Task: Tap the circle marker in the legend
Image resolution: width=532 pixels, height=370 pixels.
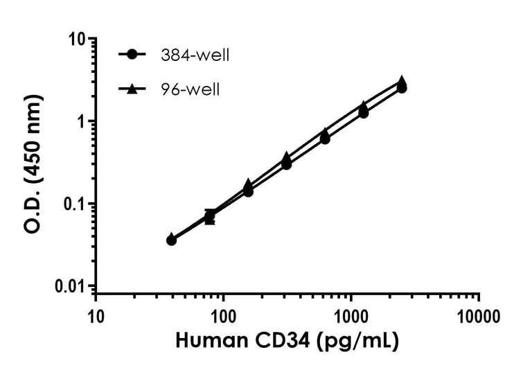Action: tap(136, 55)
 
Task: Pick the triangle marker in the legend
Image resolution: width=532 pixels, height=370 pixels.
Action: tap(136, 88)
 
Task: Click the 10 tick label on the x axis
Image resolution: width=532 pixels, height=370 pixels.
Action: tap(96, 319)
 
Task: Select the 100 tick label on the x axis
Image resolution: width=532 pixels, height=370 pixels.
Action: tap(224, 319)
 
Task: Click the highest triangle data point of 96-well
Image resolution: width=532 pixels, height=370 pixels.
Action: tap(402, 81)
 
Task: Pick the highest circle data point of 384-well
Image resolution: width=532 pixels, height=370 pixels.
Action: tap(402, 88)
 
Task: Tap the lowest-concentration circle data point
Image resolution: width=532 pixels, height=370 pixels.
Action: tap(172, 240)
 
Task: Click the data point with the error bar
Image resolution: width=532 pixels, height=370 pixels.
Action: tap(210, 217)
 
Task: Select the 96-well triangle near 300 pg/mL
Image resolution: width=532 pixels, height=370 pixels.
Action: tap(287, 158)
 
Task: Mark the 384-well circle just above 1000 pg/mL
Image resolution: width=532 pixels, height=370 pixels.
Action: tap(363, 112)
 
